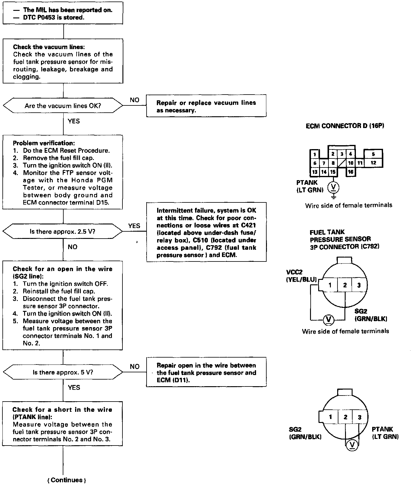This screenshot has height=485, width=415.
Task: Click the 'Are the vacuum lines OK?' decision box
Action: click(x=63, y=106)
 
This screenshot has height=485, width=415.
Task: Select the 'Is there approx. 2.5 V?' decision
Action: click(x=63, y=232)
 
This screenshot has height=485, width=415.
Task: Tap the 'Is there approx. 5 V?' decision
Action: click(x=63, y=372)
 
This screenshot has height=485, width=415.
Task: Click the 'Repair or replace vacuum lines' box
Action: click(x=206, y=106)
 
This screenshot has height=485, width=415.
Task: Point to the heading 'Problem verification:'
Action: click(x=44, y=143)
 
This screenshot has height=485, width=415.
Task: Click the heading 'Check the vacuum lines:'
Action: click(x=49, y=47)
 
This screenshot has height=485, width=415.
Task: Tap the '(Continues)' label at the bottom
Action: click(x=67, y=480)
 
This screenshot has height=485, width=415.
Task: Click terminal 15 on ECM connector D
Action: click(x=332, y=172)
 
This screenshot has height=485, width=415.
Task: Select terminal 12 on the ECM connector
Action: click(x=373, y=163)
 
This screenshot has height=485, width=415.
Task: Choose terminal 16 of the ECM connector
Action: click(x=350, y=172)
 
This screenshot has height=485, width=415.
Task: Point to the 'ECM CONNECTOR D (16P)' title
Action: click(x=345, y=126)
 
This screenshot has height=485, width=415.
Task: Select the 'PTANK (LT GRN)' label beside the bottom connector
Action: click(x=385, y=433)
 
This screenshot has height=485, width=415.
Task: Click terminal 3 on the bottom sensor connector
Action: click(x=359, y=417)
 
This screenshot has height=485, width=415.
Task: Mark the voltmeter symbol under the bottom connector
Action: click(x=352, y=445)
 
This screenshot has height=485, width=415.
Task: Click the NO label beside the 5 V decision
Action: click(x=135, y=367)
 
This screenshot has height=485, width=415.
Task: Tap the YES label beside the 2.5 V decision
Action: click(x=134, y=226)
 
